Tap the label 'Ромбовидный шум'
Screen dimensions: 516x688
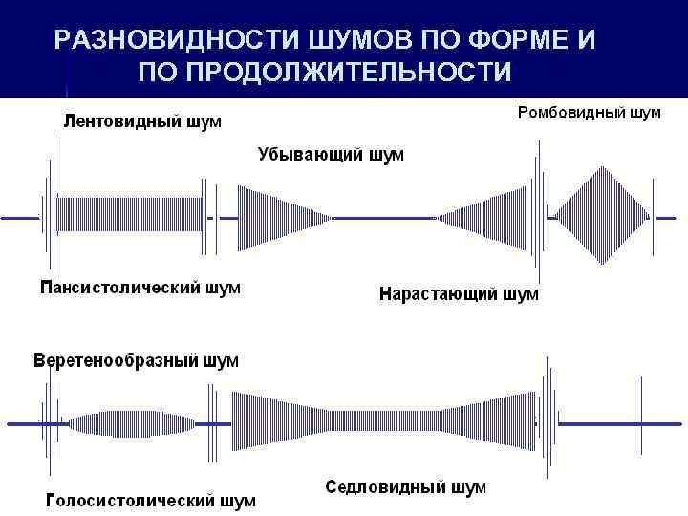coord(589,114)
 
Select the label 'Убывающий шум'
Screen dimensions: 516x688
coord(331,155)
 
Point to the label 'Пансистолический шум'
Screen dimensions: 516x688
coord(140,287)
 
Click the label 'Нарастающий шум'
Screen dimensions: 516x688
coord(459,294)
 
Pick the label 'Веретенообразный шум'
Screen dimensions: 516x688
coord(137,361)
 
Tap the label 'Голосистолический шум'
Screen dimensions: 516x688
coord(151,500)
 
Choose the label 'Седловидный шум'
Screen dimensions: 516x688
coord(405,487)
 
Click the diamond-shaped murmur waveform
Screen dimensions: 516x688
coord(601,217)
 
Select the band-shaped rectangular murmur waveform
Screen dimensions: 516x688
coord(129,218)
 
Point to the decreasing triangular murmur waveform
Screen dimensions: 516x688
coord(277,218)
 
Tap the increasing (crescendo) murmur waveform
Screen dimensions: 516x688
coord(487,218)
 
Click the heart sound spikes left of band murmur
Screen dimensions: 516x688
coord(47,215)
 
